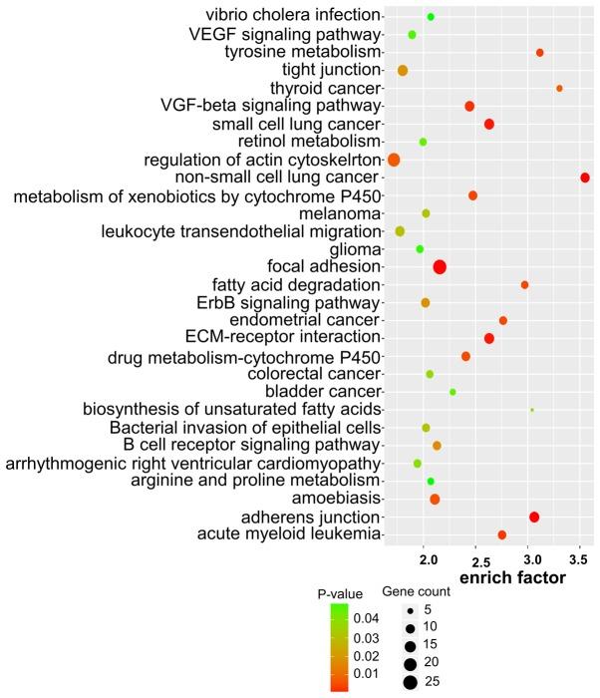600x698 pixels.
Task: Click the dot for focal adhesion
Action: tap(440, 266)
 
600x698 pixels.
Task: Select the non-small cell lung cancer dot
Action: tap(585, 177)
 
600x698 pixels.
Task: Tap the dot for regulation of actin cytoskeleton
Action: tap(394, 160)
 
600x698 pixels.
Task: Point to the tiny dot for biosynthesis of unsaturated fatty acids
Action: tap(532, 410)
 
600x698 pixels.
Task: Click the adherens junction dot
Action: tap(534, 517)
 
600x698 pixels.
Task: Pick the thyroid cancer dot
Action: tap(559, 89)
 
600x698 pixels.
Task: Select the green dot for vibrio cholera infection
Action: tap(431, 17)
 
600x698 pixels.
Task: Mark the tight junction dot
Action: tap(403, 71)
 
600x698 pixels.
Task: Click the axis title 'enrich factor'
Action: tap(511, 578)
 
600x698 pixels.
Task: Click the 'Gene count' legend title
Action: tap(417, 591)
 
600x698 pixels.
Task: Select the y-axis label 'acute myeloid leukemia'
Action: tap(292, 535)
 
